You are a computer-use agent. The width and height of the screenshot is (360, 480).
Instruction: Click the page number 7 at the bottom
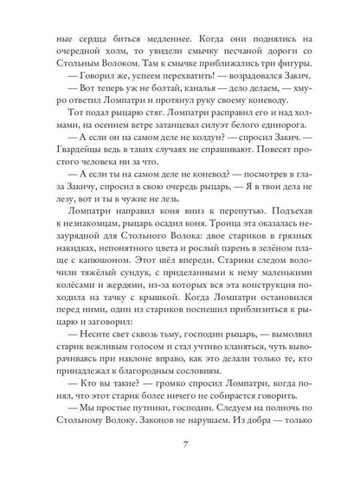click(x=180, y=445)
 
